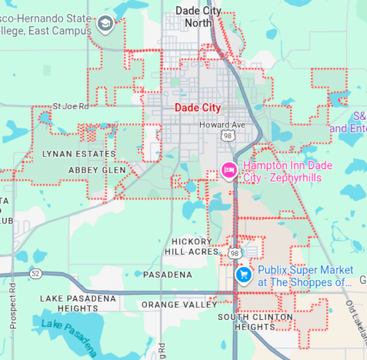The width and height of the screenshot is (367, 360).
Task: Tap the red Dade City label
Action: click(x=197, y=108)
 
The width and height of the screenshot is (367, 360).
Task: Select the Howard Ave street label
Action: click(x=222, y=125)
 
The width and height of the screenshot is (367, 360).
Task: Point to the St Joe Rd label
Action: click(x=71, y=106)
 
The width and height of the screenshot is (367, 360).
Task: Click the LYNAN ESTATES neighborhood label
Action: click(x=79, y=154)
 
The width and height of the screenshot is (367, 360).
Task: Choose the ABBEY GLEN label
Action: click(x=96, y=170)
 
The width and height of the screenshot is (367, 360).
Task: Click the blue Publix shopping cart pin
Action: click(x=244, y=275)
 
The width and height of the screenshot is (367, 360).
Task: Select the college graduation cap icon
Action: click(x=105, y=23)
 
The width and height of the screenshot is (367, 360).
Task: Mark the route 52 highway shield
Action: click(x=36, y=274)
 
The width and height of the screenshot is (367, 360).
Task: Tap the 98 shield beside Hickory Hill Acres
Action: click(x=234, y=253)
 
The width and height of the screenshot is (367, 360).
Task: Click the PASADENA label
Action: click(x=167, y=275)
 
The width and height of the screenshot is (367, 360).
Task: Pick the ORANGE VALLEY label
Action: click(x=179, y=304)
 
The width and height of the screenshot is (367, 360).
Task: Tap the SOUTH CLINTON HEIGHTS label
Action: click(x=255, y=322)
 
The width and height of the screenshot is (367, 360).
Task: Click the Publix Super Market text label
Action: click(x=305, y=276)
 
